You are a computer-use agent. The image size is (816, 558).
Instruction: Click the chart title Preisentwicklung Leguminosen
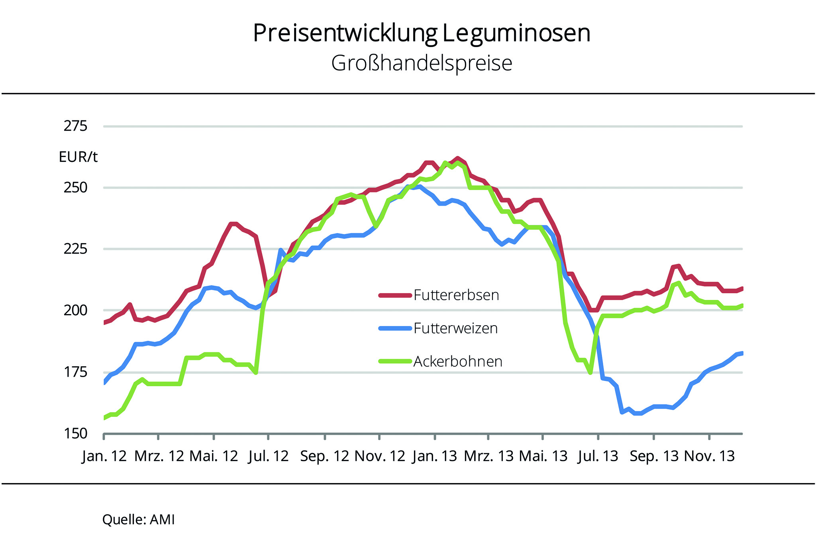[422, 33]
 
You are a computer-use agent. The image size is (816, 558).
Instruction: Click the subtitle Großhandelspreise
[422, 63]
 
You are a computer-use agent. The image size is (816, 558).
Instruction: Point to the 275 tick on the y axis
[75, 126]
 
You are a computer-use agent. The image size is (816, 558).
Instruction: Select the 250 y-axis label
[75, 187]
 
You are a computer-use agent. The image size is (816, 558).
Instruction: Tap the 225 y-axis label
[75, 249]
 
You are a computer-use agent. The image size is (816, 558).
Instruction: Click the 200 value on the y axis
[75, 310]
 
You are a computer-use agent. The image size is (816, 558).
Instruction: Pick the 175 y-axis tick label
[75, 372]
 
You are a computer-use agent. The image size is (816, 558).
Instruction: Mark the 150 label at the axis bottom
[75, 434]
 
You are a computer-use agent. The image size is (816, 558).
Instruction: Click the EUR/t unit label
[78, 157]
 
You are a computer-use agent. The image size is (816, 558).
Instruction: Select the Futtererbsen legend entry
[456, 295]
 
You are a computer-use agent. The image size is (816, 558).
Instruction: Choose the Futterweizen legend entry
[455, 328]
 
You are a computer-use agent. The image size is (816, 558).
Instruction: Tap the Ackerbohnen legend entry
[458, 362]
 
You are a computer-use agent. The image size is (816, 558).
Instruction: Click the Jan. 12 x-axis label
[104, 456]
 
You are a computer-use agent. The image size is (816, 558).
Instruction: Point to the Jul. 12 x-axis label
[268, 456]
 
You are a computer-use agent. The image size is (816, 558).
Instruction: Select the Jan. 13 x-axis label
[435, 456]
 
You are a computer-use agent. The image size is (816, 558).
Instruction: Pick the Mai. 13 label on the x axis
[543, 456]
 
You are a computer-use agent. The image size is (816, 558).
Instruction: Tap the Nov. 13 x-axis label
[709, 456]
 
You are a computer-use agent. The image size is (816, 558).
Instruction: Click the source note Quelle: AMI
[138, 520]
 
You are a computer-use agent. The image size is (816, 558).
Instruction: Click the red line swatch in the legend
[395, 295]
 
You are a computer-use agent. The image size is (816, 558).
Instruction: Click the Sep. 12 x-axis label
[325, 456]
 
